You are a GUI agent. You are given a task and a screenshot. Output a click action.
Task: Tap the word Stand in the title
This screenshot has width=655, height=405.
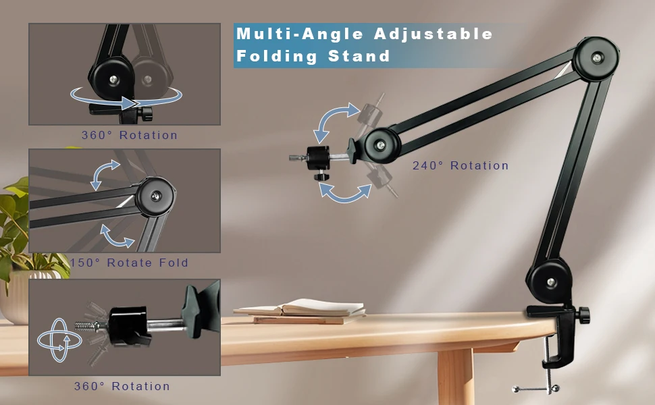coord(359,56)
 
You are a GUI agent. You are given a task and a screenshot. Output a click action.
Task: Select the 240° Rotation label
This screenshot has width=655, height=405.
coord(461,166)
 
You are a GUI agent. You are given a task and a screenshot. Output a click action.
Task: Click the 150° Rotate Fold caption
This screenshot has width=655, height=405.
coord(129,263)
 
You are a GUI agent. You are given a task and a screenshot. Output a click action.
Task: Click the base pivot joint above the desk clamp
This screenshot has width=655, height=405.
coord(550,282)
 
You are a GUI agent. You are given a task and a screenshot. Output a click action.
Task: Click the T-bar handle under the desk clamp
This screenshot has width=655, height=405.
coord(536,389)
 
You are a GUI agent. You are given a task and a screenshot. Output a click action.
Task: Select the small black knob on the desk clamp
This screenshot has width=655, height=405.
coord(582,314)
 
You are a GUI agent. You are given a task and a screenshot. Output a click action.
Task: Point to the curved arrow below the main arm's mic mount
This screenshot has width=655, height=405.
coord(344,194)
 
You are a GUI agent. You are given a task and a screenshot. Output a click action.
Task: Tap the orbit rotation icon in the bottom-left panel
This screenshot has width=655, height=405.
coord(59,340)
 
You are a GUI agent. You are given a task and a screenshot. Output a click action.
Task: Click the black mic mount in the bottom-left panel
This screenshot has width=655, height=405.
coord(128,325)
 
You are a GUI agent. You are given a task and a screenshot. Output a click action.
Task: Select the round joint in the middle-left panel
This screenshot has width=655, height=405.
coord(156,196)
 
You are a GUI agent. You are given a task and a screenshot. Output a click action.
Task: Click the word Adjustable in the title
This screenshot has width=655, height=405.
coord(434,34)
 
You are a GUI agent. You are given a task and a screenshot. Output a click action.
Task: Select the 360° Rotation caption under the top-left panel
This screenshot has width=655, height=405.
coord(130,135)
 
